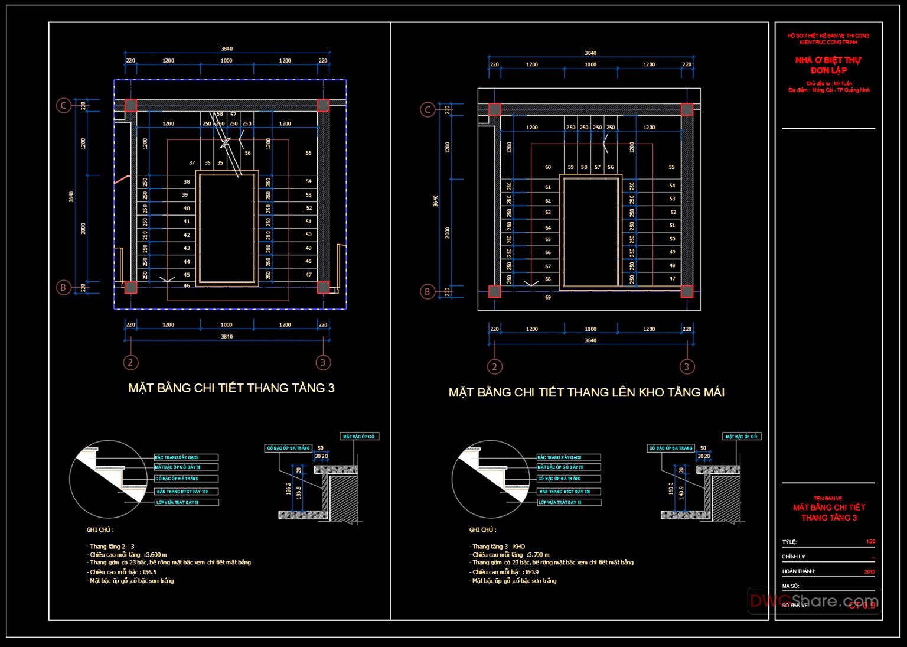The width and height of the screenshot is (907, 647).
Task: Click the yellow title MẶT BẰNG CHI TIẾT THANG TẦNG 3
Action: [x=231, y=388]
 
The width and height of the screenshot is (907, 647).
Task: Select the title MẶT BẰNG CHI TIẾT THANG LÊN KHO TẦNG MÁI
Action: [x=586, y=392]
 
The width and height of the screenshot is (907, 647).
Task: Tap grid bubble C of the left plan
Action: [x=63, y=106]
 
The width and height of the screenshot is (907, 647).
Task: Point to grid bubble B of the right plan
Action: [x=428, y=291]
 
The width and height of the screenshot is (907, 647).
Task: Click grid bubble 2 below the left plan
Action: [x=130, y=362]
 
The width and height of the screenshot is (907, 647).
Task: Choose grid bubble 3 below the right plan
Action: [x=686, y=366]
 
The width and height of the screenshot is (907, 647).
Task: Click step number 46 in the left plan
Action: [x=187, y=286]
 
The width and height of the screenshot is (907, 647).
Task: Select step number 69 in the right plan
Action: [x=548, y=297]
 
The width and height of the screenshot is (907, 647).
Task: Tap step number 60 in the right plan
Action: [x=548, y=167]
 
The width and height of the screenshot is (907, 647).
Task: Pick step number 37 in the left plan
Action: [x=192, y=163]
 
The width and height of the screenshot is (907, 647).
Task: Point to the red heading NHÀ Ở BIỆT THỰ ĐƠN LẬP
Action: [x=828, y=65]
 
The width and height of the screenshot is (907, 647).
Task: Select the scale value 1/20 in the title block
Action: [x=870, y=541]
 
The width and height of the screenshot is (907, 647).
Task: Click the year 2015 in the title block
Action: [x=869, y=571]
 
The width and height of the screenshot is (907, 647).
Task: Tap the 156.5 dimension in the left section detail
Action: [x=289, y=489]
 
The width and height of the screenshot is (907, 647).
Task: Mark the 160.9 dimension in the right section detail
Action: [x=671, y=489]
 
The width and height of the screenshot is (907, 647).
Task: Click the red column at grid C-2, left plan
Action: [x=130, y=106]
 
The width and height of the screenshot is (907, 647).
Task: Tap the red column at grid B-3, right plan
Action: [x=687, y=291]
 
